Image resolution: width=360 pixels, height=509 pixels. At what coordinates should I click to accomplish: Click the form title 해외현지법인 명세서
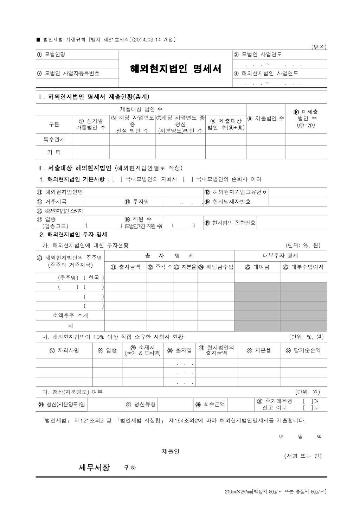(175, 69)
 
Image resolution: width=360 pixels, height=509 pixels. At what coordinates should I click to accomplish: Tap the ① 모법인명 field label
(51, 55)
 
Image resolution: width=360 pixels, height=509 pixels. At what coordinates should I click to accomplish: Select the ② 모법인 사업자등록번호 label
(68, 74)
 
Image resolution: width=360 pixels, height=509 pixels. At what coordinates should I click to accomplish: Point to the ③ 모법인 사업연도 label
(258, 55)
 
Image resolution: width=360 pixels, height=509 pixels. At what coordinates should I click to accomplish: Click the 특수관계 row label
(54, 140)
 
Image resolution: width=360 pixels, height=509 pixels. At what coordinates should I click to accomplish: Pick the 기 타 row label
(54, 152)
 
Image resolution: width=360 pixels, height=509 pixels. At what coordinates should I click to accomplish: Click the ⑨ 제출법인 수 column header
(265, 119)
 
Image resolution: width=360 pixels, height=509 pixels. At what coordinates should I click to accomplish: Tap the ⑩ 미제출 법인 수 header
(306, 119)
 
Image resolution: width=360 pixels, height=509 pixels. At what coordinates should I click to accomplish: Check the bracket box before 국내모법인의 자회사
(117, 179)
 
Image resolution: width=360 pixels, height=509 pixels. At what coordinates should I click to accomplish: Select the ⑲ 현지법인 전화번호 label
(230, 223)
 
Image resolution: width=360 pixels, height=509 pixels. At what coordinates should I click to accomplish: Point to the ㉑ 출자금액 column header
(126, 267)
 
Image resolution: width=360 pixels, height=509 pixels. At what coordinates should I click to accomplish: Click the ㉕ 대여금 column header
(257, 267)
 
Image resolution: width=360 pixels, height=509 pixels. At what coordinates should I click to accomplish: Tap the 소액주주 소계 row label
(70, 316)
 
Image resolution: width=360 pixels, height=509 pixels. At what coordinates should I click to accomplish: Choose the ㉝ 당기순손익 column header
(303, 350)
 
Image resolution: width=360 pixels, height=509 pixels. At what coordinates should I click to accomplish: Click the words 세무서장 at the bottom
(94, 467)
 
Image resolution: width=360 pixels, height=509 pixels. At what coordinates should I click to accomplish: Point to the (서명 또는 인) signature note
(303, 456)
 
